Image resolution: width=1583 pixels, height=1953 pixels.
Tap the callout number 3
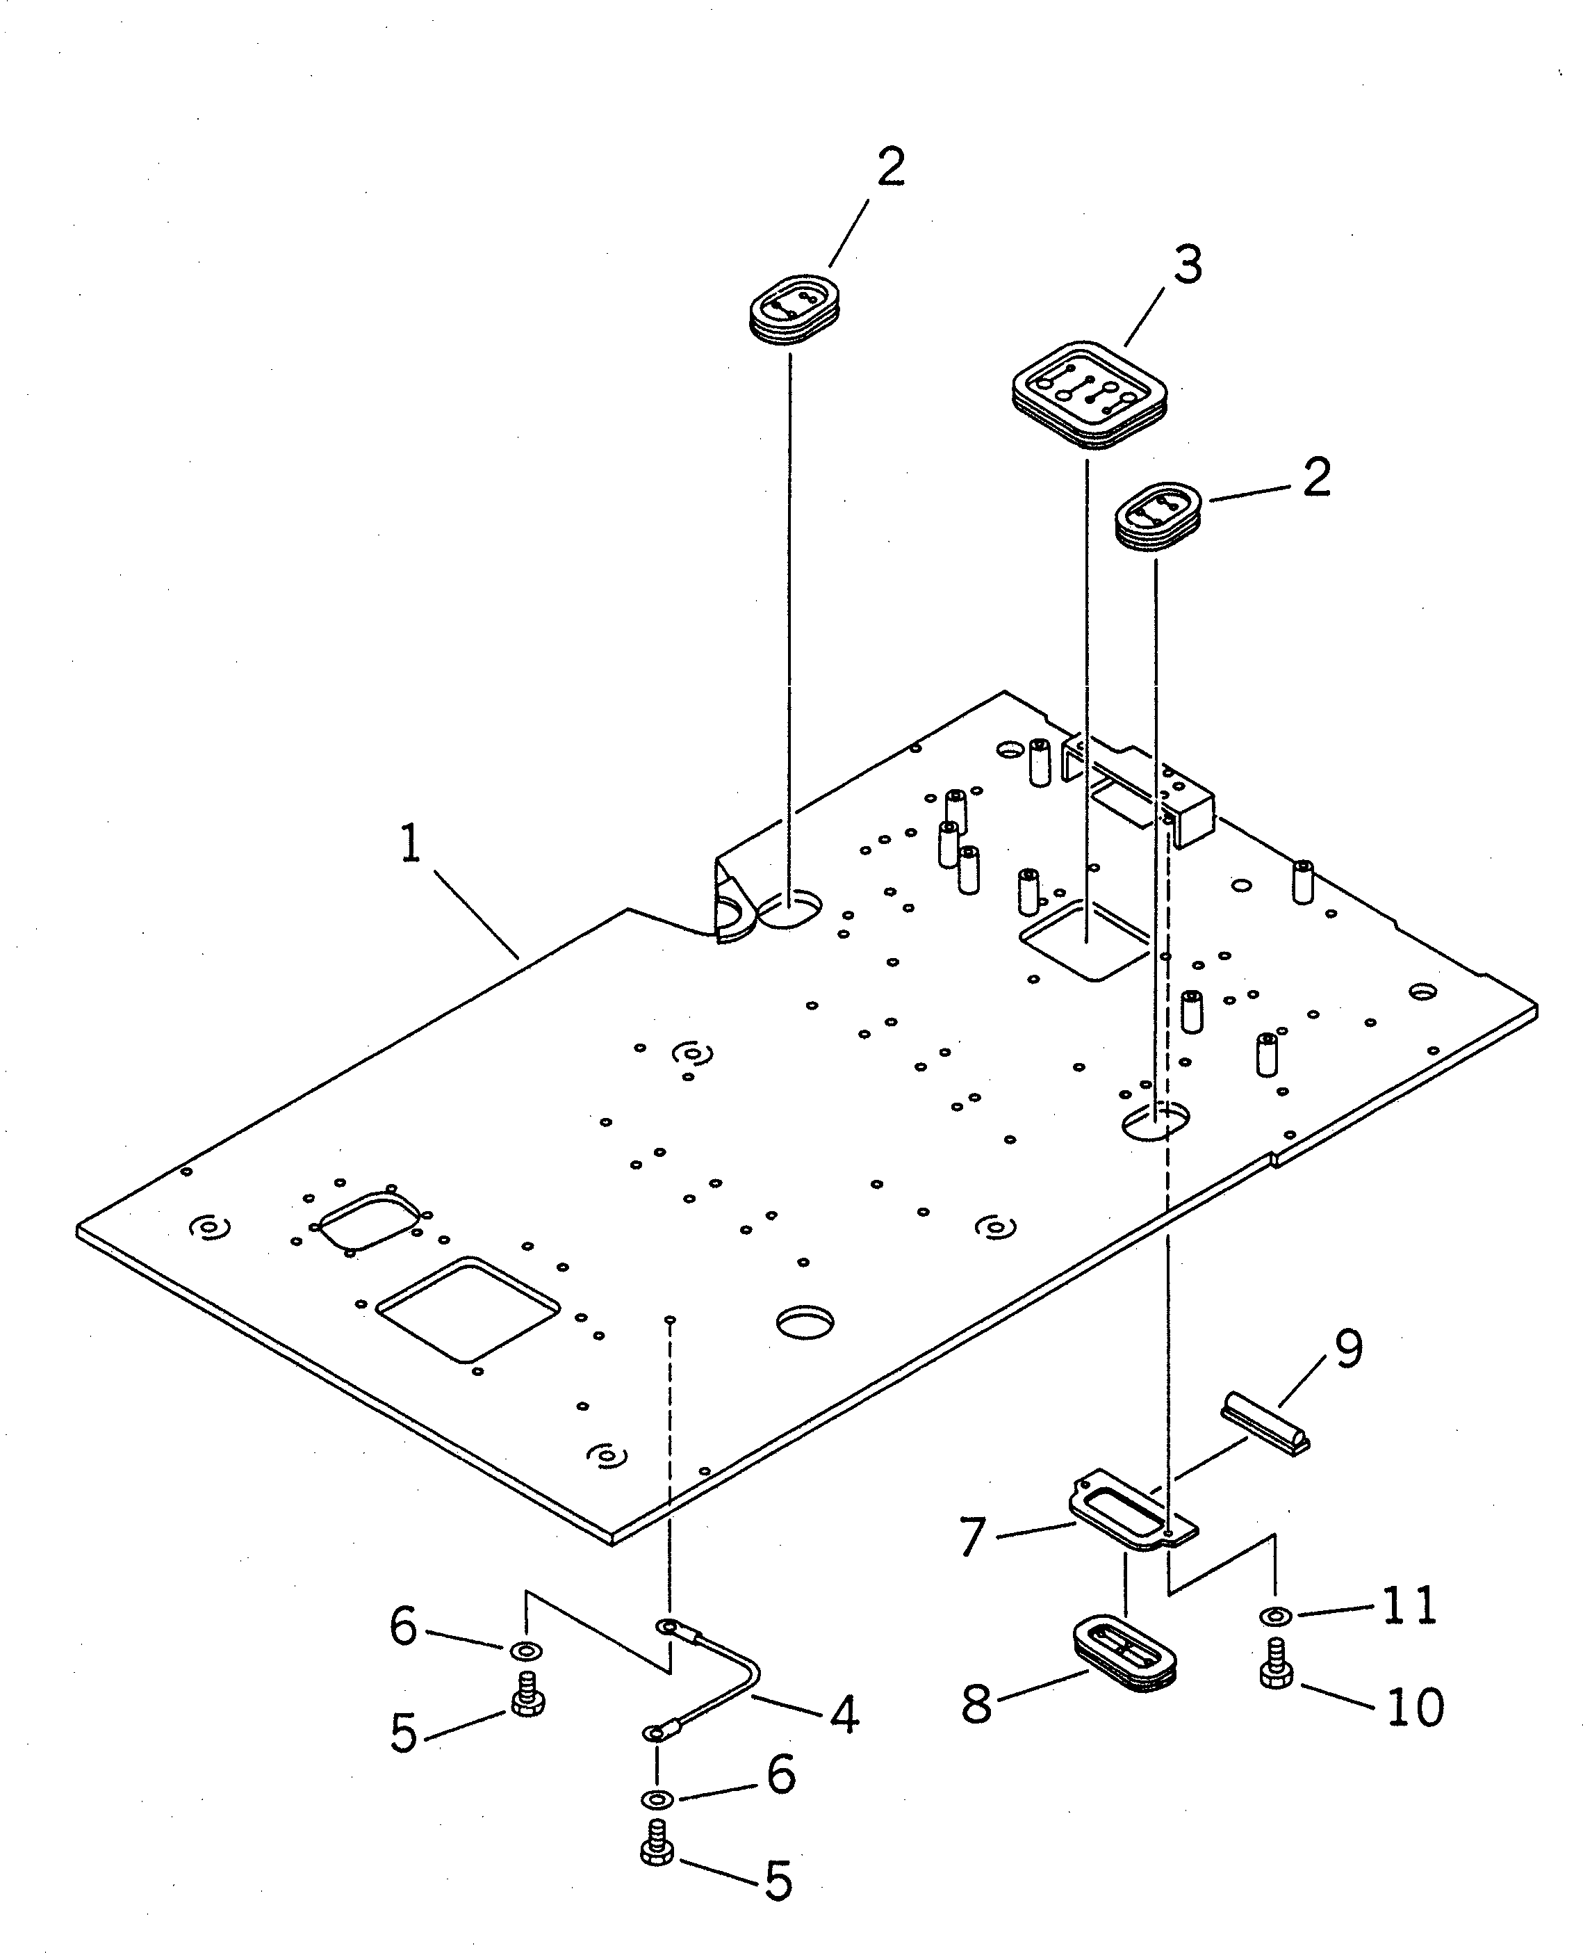(x=1187, y=266)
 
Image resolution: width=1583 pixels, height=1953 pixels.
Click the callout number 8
(x=976, y=1704)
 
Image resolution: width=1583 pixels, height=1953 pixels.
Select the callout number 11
(x=1410, y=1605)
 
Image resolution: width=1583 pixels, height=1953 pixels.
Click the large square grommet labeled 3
(x=1090, y=395)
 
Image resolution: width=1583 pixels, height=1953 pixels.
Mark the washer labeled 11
(x=1274, y=1616)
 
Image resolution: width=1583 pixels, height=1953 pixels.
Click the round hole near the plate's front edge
(x=805, y=1322)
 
